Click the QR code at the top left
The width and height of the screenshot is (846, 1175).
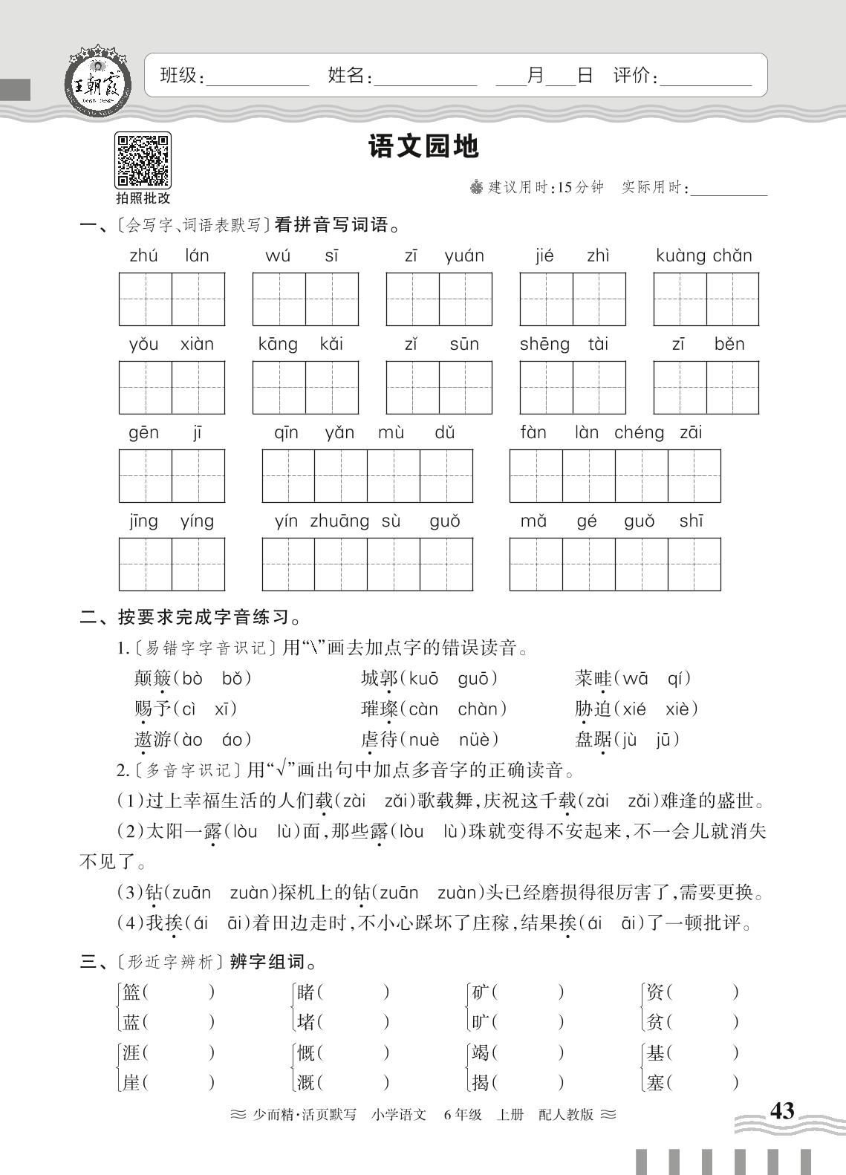click(143, 160)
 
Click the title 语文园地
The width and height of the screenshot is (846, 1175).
click(424, 146)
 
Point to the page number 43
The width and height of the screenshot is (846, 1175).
click(782, 1111)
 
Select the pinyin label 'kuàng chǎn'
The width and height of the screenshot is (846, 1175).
click(704, 256)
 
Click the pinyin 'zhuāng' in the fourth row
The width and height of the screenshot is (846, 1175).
click(339, 521)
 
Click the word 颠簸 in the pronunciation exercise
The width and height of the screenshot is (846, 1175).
click(152, 678)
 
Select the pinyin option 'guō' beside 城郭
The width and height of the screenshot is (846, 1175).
click(477, 678)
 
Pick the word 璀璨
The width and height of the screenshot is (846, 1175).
click(379, 709)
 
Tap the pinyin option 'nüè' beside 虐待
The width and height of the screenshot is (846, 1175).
click(479, 740)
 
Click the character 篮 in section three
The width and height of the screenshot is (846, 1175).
click(131, 992)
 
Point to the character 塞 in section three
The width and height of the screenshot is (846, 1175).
click(654, 1083)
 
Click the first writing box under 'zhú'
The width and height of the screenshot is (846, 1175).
click(146, 299)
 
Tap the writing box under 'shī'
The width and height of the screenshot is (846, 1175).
click(694, 564)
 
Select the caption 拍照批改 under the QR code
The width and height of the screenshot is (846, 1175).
click(143, 198)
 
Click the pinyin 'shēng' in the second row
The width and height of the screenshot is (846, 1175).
click(544, 345)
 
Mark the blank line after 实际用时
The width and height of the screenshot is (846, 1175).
click(729, 189)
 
